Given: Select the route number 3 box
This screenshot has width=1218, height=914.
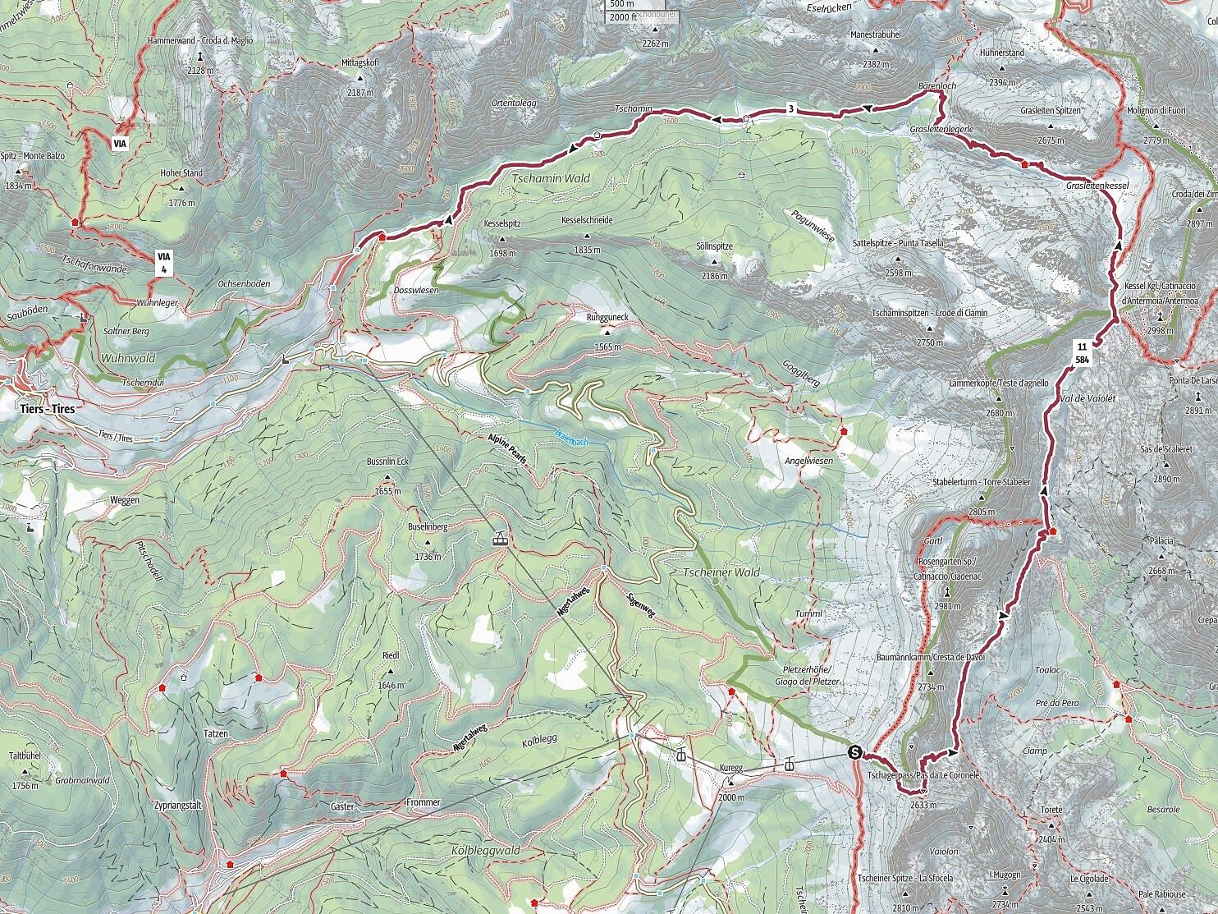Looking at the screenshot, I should coord(790,108).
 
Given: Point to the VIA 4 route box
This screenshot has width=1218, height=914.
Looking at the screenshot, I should coord(165,262).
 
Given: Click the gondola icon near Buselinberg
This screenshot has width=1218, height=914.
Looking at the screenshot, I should coord(497,539).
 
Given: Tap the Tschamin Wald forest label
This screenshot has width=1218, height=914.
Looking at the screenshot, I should coord(550,178).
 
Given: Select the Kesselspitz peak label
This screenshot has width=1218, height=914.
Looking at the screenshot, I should coord(503,223).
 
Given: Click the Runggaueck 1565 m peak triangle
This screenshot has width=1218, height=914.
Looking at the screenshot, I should coord(607,332).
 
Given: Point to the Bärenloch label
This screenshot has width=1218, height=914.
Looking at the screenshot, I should coord(936,85).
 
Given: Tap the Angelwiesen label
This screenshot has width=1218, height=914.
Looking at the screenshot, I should coord(808,461).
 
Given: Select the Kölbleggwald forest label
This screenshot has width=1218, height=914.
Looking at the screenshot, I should coord(485,851).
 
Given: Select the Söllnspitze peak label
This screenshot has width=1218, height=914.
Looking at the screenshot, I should coord(713,246).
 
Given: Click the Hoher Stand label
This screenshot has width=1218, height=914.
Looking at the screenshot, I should coord(181,173).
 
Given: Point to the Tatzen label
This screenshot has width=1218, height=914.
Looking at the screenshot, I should coord(216,733).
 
